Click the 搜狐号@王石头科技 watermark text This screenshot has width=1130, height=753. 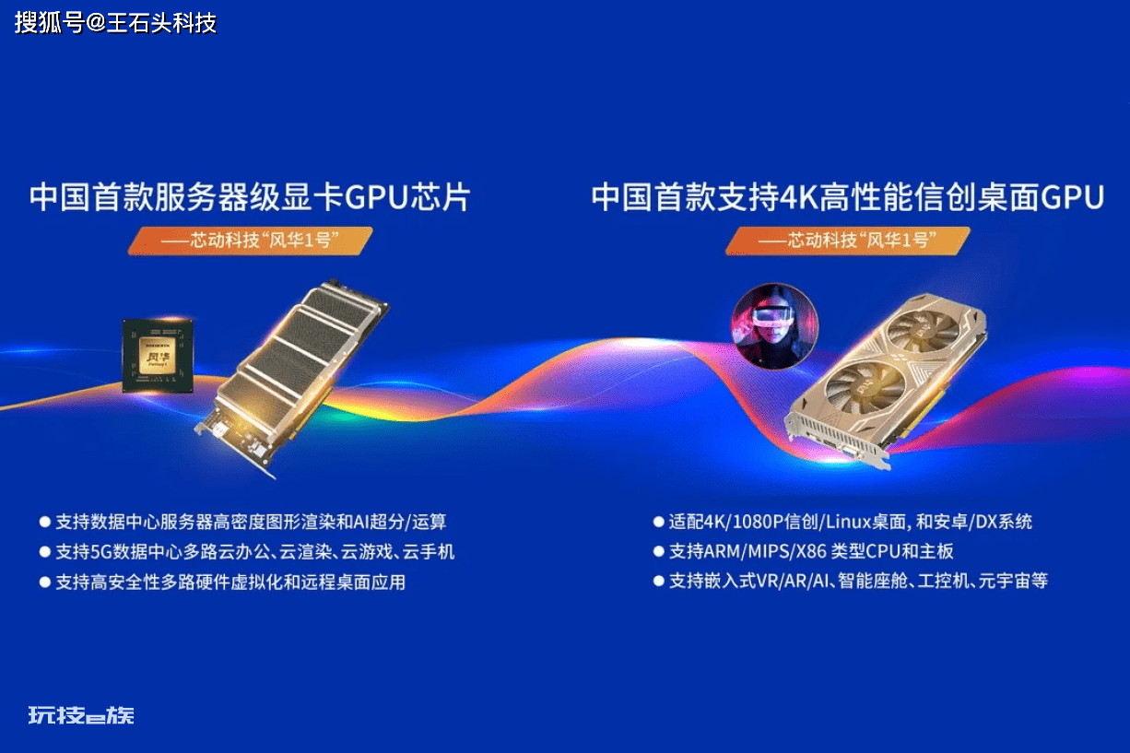click(115, 23)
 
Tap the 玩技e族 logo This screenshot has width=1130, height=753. click(81, 715)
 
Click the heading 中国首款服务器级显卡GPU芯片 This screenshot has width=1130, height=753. click(250, 197)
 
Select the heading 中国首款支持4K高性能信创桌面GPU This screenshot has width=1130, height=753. click(848, 197)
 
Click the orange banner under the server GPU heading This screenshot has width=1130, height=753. click(250, 241)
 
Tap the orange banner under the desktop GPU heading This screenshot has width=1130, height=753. click(848, 241)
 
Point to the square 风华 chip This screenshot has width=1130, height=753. click(158, 356)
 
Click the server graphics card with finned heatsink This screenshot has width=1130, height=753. click(292, 378)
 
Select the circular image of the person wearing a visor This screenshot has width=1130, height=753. click(775, 326)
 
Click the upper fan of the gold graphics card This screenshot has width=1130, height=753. click(923, 331)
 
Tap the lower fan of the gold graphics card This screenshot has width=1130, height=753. click(865, 387)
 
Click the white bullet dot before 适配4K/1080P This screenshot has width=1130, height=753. click(658, 522)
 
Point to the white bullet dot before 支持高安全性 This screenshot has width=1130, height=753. click(45, 582)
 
